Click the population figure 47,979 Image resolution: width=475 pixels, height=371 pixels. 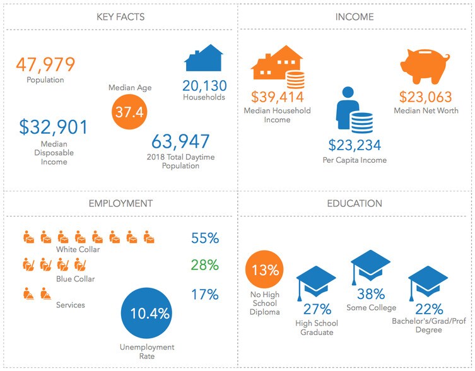[45, 64]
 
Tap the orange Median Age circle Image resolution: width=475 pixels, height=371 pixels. [129, 112]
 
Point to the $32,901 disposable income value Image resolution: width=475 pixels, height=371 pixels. [54, 127]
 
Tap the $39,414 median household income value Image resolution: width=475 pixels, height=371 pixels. [278, 97]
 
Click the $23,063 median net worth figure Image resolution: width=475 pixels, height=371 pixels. [425, 97]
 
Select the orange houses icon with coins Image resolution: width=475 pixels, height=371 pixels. [277, 67]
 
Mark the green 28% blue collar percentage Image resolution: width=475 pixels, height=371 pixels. [204, 265]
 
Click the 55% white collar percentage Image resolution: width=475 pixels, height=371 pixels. [204, 238]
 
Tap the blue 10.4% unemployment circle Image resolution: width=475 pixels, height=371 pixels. [149, 313]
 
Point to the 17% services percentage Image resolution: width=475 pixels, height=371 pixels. [204, 294]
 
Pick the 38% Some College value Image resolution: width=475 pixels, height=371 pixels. [371, 293]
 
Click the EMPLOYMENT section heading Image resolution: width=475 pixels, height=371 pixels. [120, 204]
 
